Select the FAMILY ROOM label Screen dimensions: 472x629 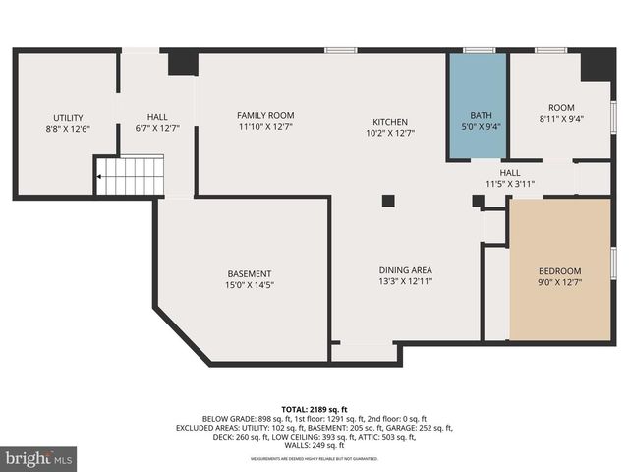point(265,115)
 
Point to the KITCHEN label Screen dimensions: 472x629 point(389,122)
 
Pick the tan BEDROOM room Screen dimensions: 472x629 point(559,269)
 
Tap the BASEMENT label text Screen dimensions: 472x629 point(250,273)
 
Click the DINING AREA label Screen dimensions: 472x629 point(406,269)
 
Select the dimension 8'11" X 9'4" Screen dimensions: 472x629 point(560,120)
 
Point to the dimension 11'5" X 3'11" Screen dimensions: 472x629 point(510,184)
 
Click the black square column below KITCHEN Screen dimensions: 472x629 point(388,201)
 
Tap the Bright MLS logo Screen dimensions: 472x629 point(39,457)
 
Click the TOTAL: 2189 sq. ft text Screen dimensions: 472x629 point(314,409)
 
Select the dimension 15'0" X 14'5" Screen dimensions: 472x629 point(250,285)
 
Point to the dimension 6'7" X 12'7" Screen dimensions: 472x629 point(157,128)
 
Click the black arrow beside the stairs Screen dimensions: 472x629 point(98,178)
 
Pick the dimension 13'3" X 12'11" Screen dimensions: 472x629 point(406,281)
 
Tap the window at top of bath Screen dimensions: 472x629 point(479,49)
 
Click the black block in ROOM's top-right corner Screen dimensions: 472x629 point(597,64)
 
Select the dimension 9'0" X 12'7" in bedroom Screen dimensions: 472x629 point(559,283)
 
